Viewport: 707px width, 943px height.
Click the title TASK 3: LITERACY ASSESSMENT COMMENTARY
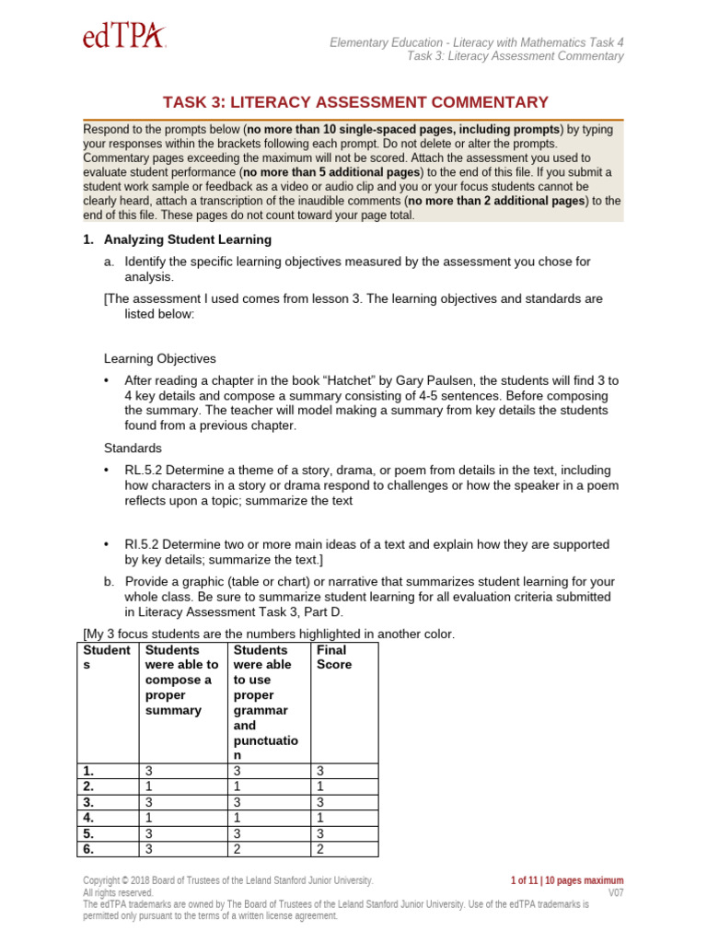pyautogui.click(x=355, y=102)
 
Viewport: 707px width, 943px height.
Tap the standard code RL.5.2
pyautogui.click(x=145, y=470)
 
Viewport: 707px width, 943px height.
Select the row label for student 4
pyautogui.click(x=88, y=817)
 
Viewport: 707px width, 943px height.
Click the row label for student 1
pyautogui.click(x=88, y=771)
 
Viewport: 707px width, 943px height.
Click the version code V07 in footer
pyautogui.click(x=615, y=893)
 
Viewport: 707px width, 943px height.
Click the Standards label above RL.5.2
pyautogui.click(x=133, y=448)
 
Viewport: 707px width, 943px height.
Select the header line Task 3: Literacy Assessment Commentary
pyautogui.click(x=515, y=56)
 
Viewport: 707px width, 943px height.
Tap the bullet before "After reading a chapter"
pyautogui.click(x=107, y=380)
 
